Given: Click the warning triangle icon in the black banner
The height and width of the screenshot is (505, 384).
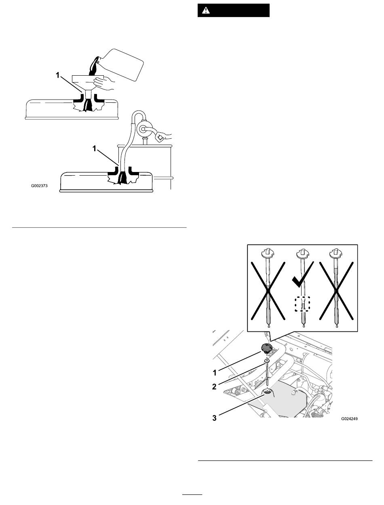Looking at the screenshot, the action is tap(206, 11).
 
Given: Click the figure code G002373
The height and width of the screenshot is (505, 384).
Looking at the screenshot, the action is tap(39, 186).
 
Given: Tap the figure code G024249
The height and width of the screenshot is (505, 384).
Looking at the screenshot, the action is tap(349, 419).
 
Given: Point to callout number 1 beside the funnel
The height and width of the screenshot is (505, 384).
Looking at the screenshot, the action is tap(58, 75).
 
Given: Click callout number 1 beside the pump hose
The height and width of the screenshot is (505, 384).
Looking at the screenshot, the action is tap(94, 149).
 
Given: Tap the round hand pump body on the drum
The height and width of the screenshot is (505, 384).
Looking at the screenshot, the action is tap(143, 129).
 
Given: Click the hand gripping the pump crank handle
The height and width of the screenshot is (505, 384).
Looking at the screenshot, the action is tap(164, 137).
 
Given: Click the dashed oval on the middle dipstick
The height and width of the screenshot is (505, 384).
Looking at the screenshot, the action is tap(303, 304).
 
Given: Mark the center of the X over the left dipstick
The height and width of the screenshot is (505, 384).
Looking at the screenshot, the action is tap(268, 291).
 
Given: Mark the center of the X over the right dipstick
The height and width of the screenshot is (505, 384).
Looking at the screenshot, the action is tap(336, 291).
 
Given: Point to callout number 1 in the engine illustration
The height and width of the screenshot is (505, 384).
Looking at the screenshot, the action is tap(215, 373).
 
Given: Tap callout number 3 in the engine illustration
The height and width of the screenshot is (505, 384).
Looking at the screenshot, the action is tap(214, 418).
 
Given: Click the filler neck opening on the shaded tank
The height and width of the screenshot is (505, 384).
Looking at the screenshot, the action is tap(267, 390).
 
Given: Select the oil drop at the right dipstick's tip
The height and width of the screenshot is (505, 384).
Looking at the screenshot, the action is tap(337, 326).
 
